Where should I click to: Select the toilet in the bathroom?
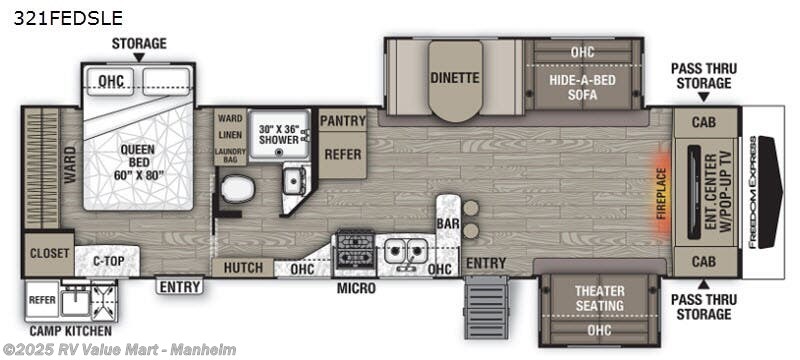237,189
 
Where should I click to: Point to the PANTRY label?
342,120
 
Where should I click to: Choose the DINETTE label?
455,78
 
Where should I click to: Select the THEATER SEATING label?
598,297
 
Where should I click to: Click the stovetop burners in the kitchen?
354,245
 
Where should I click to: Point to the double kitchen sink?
406,251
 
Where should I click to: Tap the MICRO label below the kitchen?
356,288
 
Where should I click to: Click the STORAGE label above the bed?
138,43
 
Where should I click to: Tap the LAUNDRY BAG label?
230,155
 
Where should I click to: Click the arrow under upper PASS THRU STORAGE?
703,98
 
